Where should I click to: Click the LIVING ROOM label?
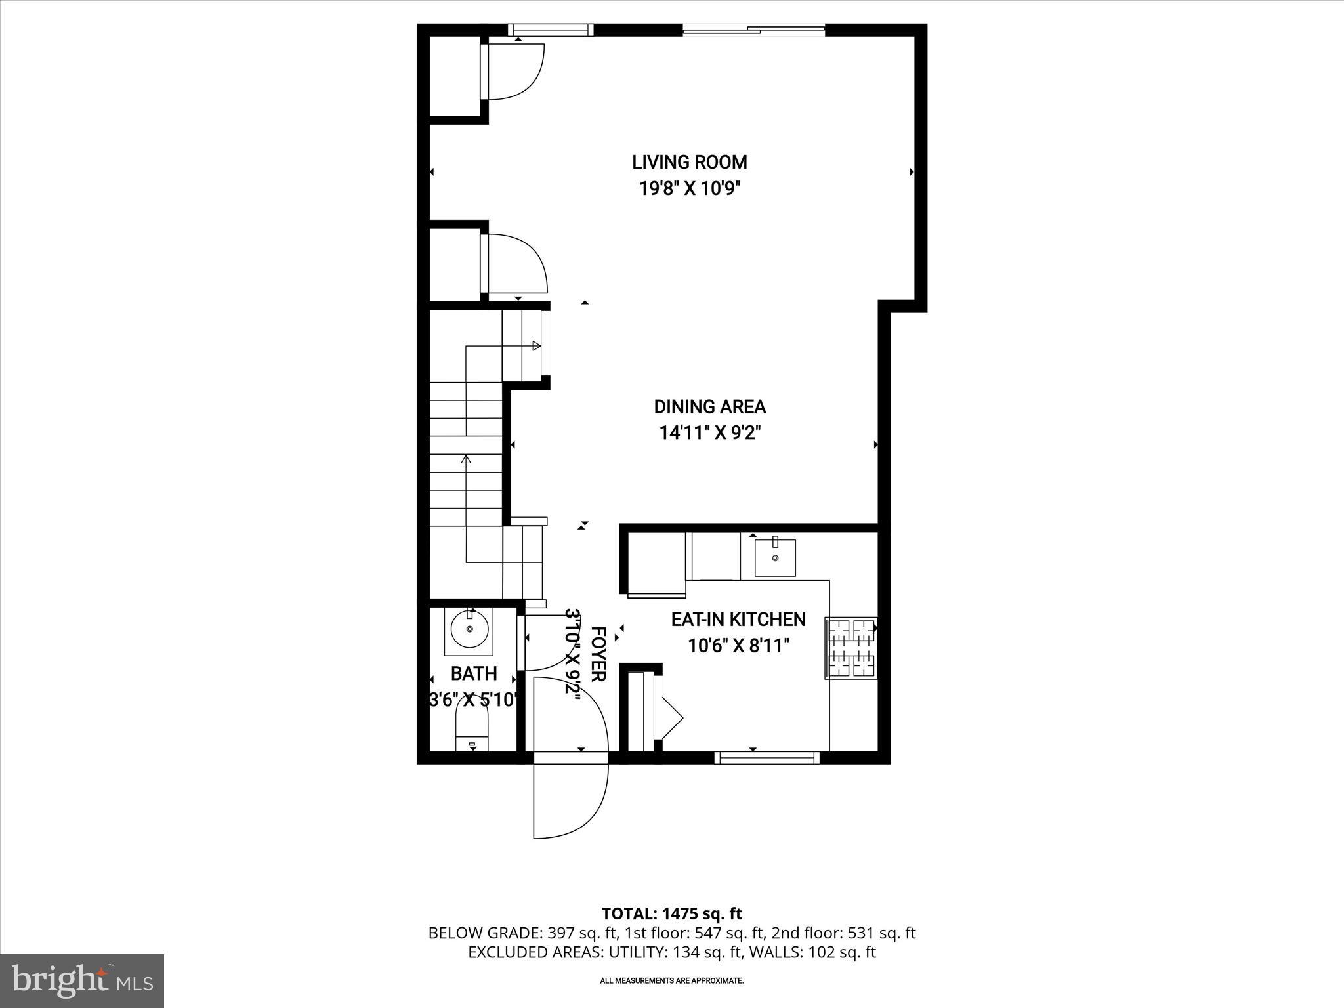pyautogui.click(x=689, y=162)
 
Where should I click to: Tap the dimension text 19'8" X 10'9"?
pyautogui.click(x=690, y=189)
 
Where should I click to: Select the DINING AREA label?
pyautogui.click(x=709, y=407)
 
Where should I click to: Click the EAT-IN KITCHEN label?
pyautogui.click(x=738, y=619)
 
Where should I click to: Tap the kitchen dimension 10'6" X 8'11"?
pyautogui.click(x=738, y=646)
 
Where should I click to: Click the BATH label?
pyautogui.click(x=474, y=674)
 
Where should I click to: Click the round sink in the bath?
pyautogui.click(x=469, y=629)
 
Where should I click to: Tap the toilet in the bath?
pyautogui.click(x=472, y=732)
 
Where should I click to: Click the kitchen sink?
pyautogui.click(x=775, y=557)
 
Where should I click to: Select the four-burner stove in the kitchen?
pyautogui.click(x=851, y=648)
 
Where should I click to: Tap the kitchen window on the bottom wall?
pyautogui.click(x=766, y=758)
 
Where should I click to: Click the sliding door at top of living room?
pyautogui.click(x=753, y=29)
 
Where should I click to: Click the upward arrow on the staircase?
pyautogui.click(x=467, y=459)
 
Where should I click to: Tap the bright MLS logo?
pyautogui.click(x=82, y=980)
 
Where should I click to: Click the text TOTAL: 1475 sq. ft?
pyautogui.click(x=671, y=913)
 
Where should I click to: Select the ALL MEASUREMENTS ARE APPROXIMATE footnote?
pyautogui.click(x=671, y=980)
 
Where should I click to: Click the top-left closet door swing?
pyautogui.click(x=515, y=71)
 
